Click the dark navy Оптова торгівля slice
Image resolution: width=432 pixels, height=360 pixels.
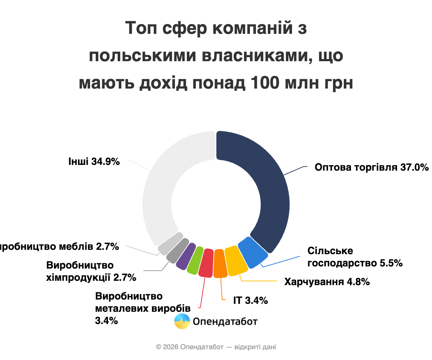click(x=266, y=180)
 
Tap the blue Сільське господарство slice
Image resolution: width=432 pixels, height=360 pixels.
click(x=253, y=252)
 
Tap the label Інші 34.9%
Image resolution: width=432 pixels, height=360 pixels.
click(x=94, y=162)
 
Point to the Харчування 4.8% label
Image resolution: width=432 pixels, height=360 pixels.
click(x=327, y=282)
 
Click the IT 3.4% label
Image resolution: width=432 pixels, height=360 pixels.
click(x=250, y=300)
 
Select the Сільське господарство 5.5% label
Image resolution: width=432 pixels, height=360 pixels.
click(x=355, y=257)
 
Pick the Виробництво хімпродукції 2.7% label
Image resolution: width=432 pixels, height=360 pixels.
click(x=91, y=271)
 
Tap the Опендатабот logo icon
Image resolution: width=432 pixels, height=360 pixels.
click(x=182, y=321)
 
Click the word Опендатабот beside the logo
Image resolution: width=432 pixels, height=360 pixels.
click(x=225, y=321)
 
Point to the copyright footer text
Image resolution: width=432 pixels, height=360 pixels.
click(x=216, y=347)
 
